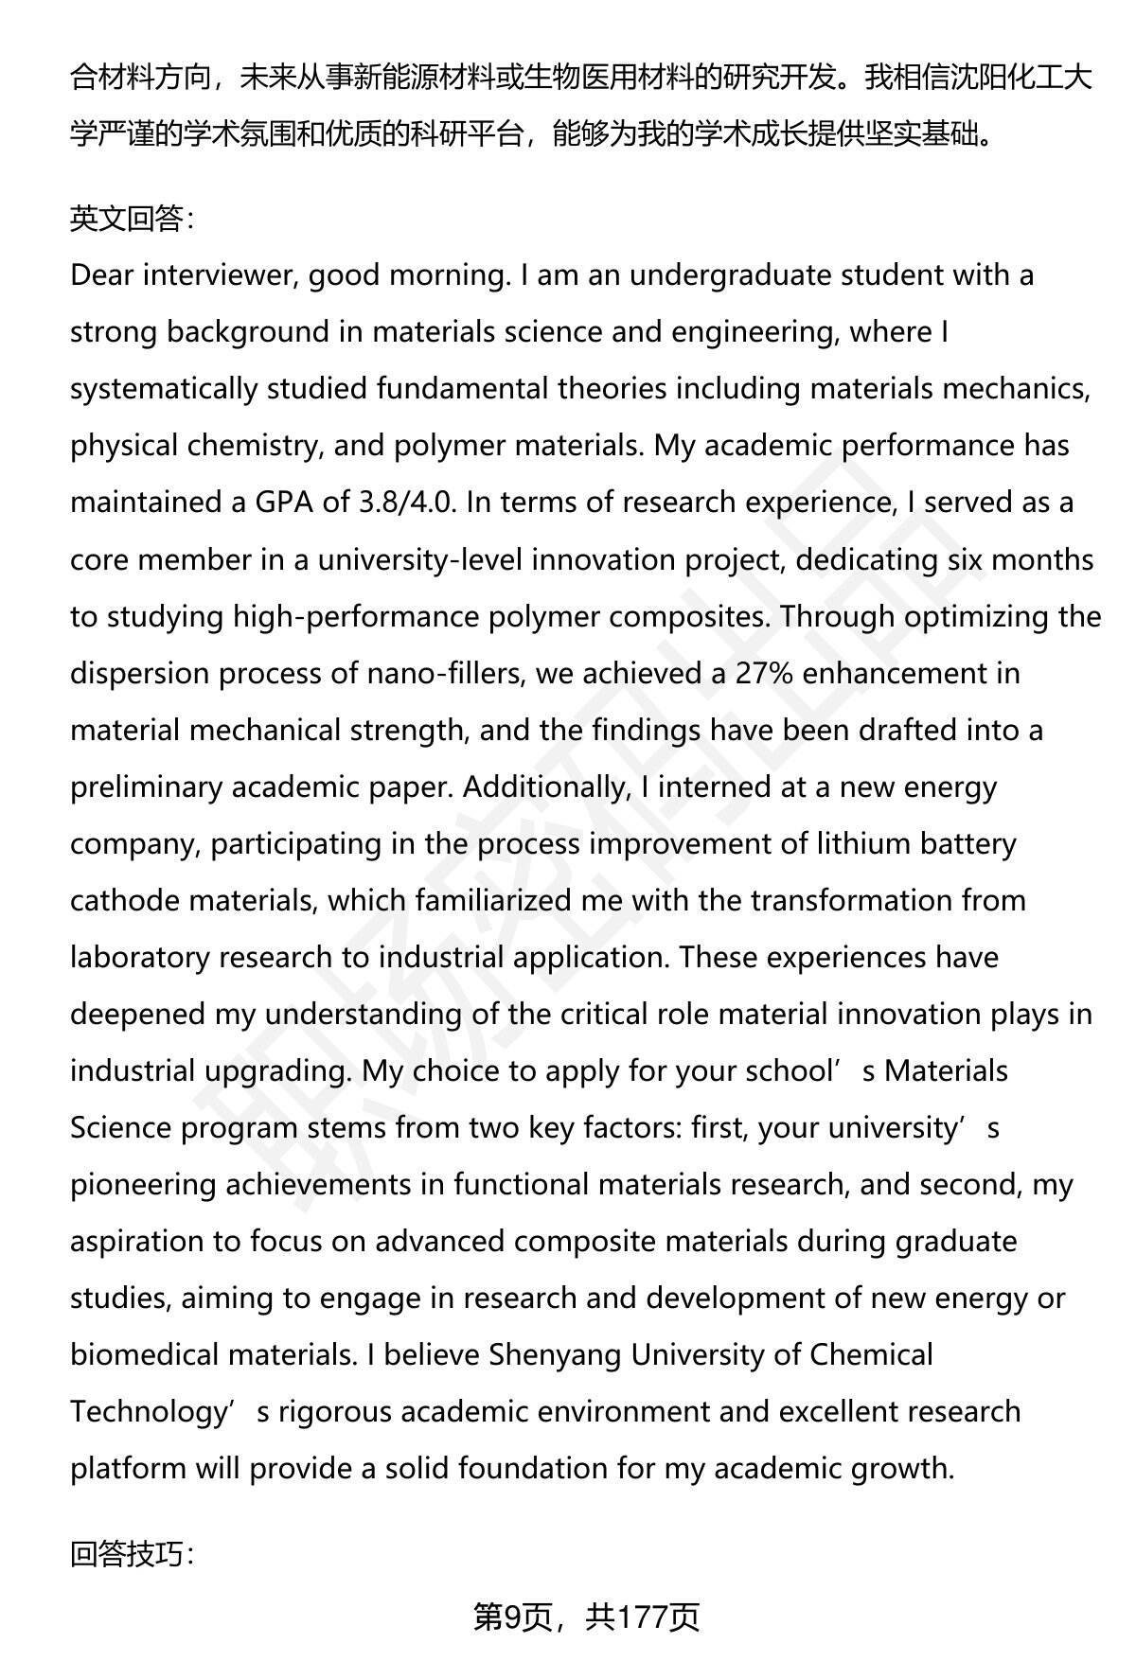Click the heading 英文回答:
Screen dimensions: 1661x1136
click(x=132, y=219)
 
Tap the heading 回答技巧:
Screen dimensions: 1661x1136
click(x=132, y=1553)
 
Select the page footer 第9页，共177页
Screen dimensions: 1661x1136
click(x=586, y=1617)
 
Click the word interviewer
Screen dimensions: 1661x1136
click(x=218, y=275)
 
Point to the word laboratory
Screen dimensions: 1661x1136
click(x=140, y=957)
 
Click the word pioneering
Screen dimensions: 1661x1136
click(x=143, y=1184)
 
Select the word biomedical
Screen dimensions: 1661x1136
click(x=145, y=1354)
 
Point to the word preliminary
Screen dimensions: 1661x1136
click(x=146, y=786)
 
